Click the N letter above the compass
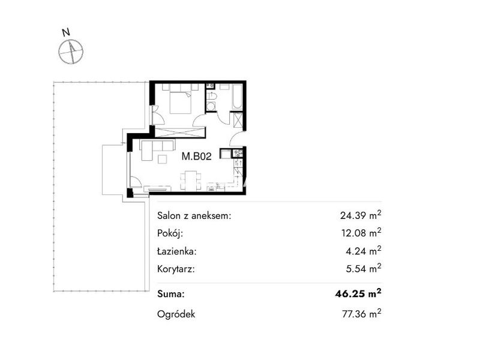tap(66, 32)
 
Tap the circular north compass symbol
tap(71, 52)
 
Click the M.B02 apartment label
tap(197, 157)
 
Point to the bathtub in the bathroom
tap(237, 97)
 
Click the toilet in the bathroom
tap(212, 96)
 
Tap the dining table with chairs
tap(191, 181)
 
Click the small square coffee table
tap(162, 160)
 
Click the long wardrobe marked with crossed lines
tap(179, 132)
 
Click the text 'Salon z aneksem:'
tap(194, 216)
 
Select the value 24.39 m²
tap(361, 215)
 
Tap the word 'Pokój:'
tap(170, 233)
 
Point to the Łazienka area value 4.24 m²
tap(364, 251)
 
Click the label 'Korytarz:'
tap(176, 269)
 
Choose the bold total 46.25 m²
tap(358, 293)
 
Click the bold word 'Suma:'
tap(171, 295)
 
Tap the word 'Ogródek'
tap(176, 314)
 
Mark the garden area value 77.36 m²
tap(362, 314)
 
